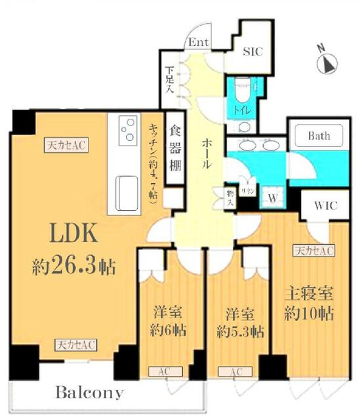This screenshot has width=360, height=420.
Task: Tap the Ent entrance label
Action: (199, 43)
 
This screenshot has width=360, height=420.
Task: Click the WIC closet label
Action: (325, 205)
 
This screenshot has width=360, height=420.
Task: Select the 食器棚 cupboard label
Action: (175, 148)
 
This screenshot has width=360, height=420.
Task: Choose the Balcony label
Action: (89, 393)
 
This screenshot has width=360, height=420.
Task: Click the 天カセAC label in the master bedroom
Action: (313, 249)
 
